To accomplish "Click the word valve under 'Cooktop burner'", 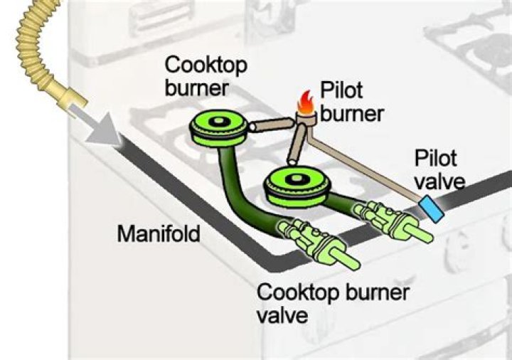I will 283,314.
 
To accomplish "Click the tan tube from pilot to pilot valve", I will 363,164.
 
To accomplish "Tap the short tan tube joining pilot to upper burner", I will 270,127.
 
